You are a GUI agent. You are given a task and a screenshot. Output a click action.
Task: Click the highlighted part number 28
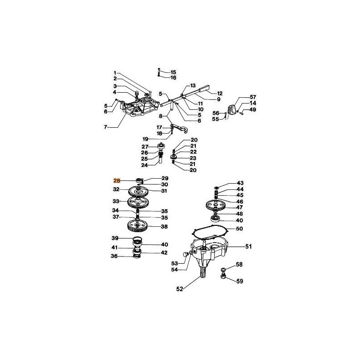click(x=117, y=181)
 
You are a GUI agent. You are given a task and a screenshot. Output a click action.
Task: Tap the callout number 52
click(x=180, y=289)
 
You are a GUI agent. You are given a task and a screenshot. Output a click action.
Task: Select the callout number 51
click(x=248, y=247)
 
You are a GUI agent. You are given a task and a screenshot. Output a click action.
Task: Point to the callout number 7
click(x=105, y=127)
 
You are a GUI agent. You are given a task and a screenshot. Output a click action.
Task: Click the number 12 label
click(x=220, y=94)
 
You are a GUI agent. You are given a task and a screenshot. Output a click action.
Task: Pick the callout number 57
click(x=253, y=97)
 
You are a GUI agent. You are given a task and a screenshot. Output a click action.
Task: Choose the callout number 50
click(x=239, y=229)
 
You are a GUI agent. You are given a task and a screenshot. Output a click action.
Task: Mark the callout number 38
click(x=164, y=227)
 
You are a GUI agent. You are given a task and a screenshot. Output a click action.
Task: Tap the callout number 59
click(x=239, y=281)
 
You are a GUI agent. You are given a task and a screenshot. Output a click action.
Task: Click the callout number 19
click(x=145, y=139)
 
